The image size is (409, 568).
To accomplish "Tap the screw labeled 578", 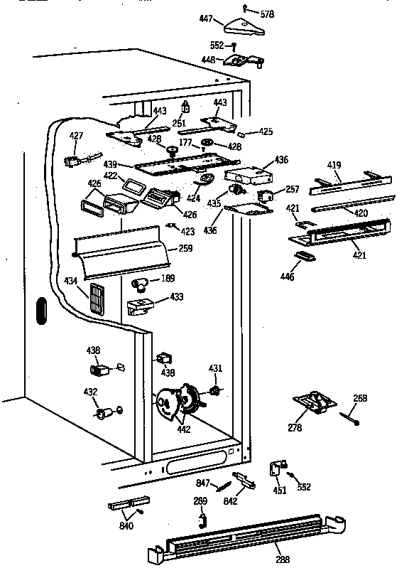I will pyautogui.click(x=245, y=8).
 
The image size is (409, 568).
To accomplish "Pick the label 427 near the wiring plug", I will pyautogui.click(x=76, y=136).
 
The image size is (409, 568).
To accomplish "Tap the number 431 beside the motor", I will pyautogui.click(x=215, y=368).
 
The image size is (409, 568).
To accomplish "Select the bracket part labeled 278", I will pyautogui.click(x=314, y=404).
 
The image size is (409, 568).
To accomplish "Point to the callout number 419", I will pyautogui.click(x=334, y=166).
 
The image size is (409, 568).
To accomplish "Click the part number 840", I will pyautogui.click(x=126, y=525).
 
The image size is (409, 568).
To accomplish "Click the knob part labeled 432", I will pyautogui.click(x=104, y=412).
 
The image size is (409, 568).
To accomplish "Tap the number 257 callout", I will pyautogui.click(x=293, y=190).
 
